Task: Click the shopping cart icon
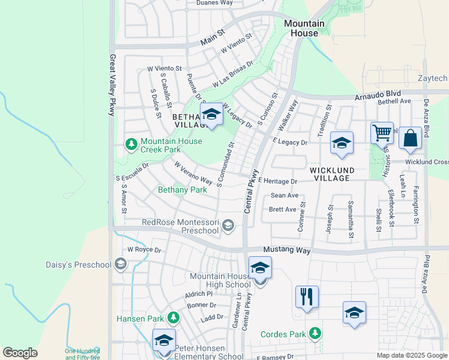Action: pyautogui.click(x=382, y=133)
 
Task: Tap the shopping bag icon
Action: pyautogui.click(x=410, y=138)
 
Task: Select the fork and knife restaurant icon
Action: pyautogui.click(x=307, y=296)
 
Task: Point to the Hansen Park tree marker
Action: pyautogui.click(x=173, y=316)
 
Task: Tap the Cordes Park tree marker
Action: pyautogui.click(x=315, y=333)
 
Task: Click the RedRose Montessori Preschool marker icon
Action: pyautogui.click(x=228, y=226)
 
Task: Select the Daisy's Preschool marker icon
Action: pyautogui.click(x=121, y=264)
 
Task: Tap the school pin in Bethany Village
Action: pyautogui.click(x=211, y=114)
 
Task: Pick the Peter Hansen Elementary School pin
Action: pyautogui.click(x=164, y=341)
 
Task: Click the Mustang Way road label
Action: pyautogui.click(x=287, y=250)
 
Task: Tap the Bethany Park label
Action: pyautogui.click(x=182, y=190)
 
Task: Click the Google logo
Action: pyautogui.click(x=20, y=353)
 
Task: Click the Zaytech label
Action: pyautogui.click(x=432, y=79)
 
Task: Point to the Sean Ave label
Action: pyautogui.click(x=285, y=196)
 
